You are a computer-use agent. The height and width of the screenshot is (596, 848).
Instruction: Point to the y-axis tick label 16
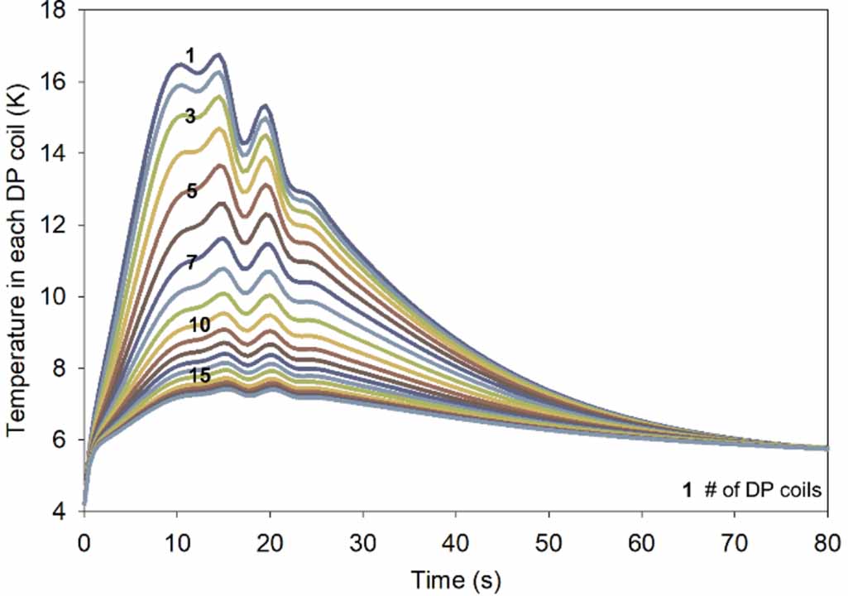60,83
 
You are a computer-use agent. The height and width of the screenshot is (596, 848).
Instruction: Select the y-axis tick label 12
60,226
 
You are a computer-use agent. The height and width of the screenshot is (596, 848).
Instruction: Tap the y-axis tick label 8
65,368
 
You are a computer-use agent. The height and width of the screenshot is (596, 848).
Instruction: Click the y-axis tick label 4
65,512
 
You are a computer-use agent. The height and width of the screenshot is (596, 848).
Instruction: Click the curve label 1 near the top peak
190,56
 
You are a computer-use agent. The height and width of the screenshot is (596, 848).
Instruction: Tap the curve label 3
190,117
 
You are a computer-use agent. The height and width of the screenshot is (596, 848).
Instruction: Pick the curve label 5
191,192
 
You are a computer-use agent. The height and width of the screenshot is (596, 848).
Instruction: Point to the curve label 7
191,263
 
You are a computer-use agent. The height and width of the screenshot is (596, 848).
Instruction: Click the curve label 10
199,325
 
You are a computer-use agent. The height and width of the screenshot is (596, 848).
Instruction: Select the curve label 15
199,375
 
